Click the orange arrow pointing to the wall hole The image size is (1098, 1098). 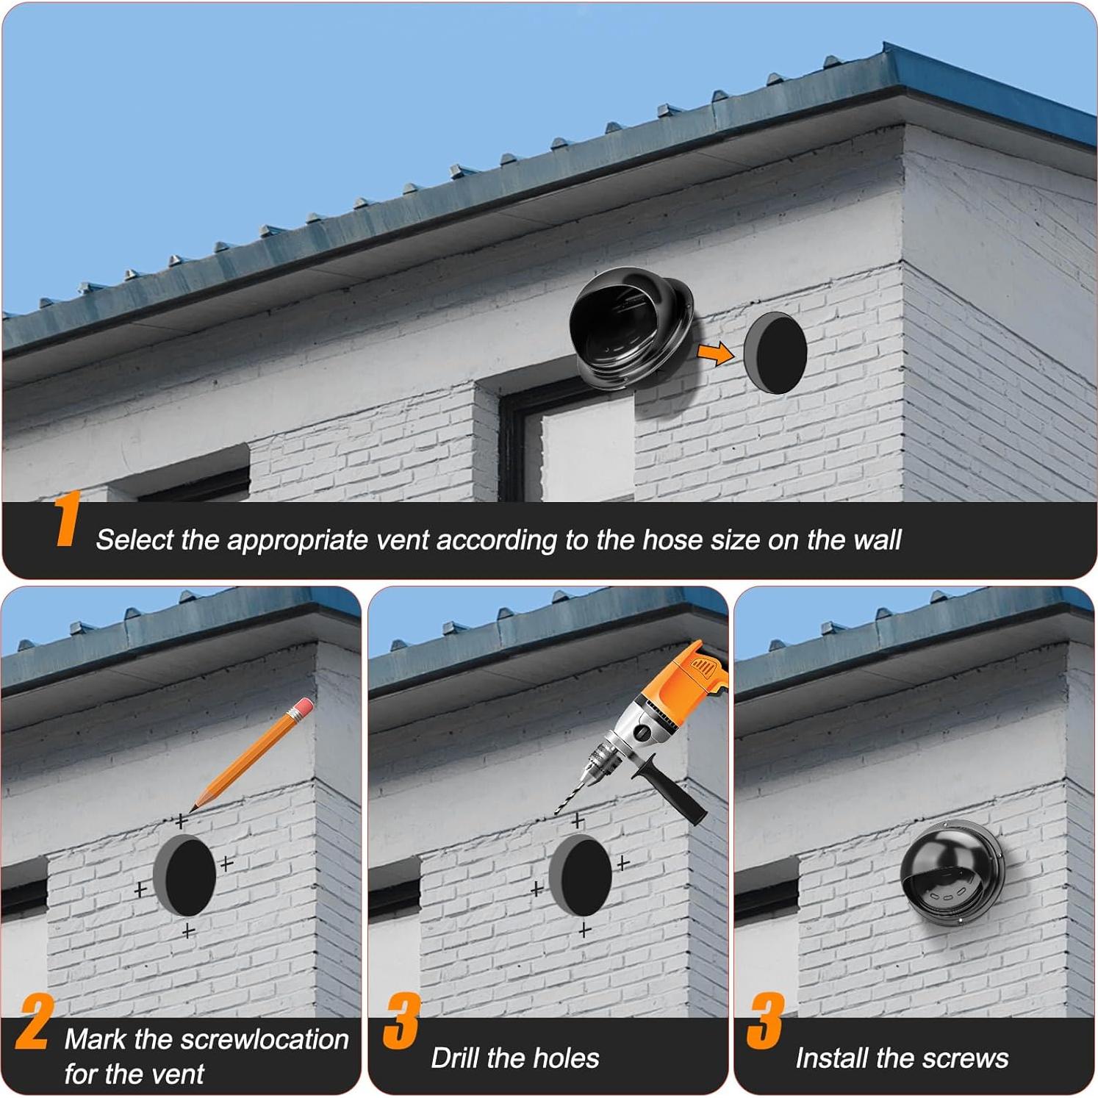(714, 354)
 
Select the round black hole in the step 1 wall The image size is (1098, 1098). (775, 352)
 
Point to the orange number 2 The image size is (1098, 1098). (34, 1022)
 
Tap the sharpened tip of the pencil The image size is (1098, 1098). (193, 808)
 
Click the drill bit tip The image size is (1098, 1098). (556, 811)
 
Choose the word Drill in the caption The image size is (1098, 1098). (455, 1058)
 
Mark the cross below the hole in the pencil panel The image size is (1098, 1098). (189, 931)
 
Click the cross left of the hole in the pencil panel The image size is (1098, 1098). (140, 890)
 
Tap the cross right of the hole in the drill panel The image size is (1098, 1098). (623, 862)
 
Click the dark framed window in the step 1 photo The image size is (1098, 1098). (567, 441)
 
